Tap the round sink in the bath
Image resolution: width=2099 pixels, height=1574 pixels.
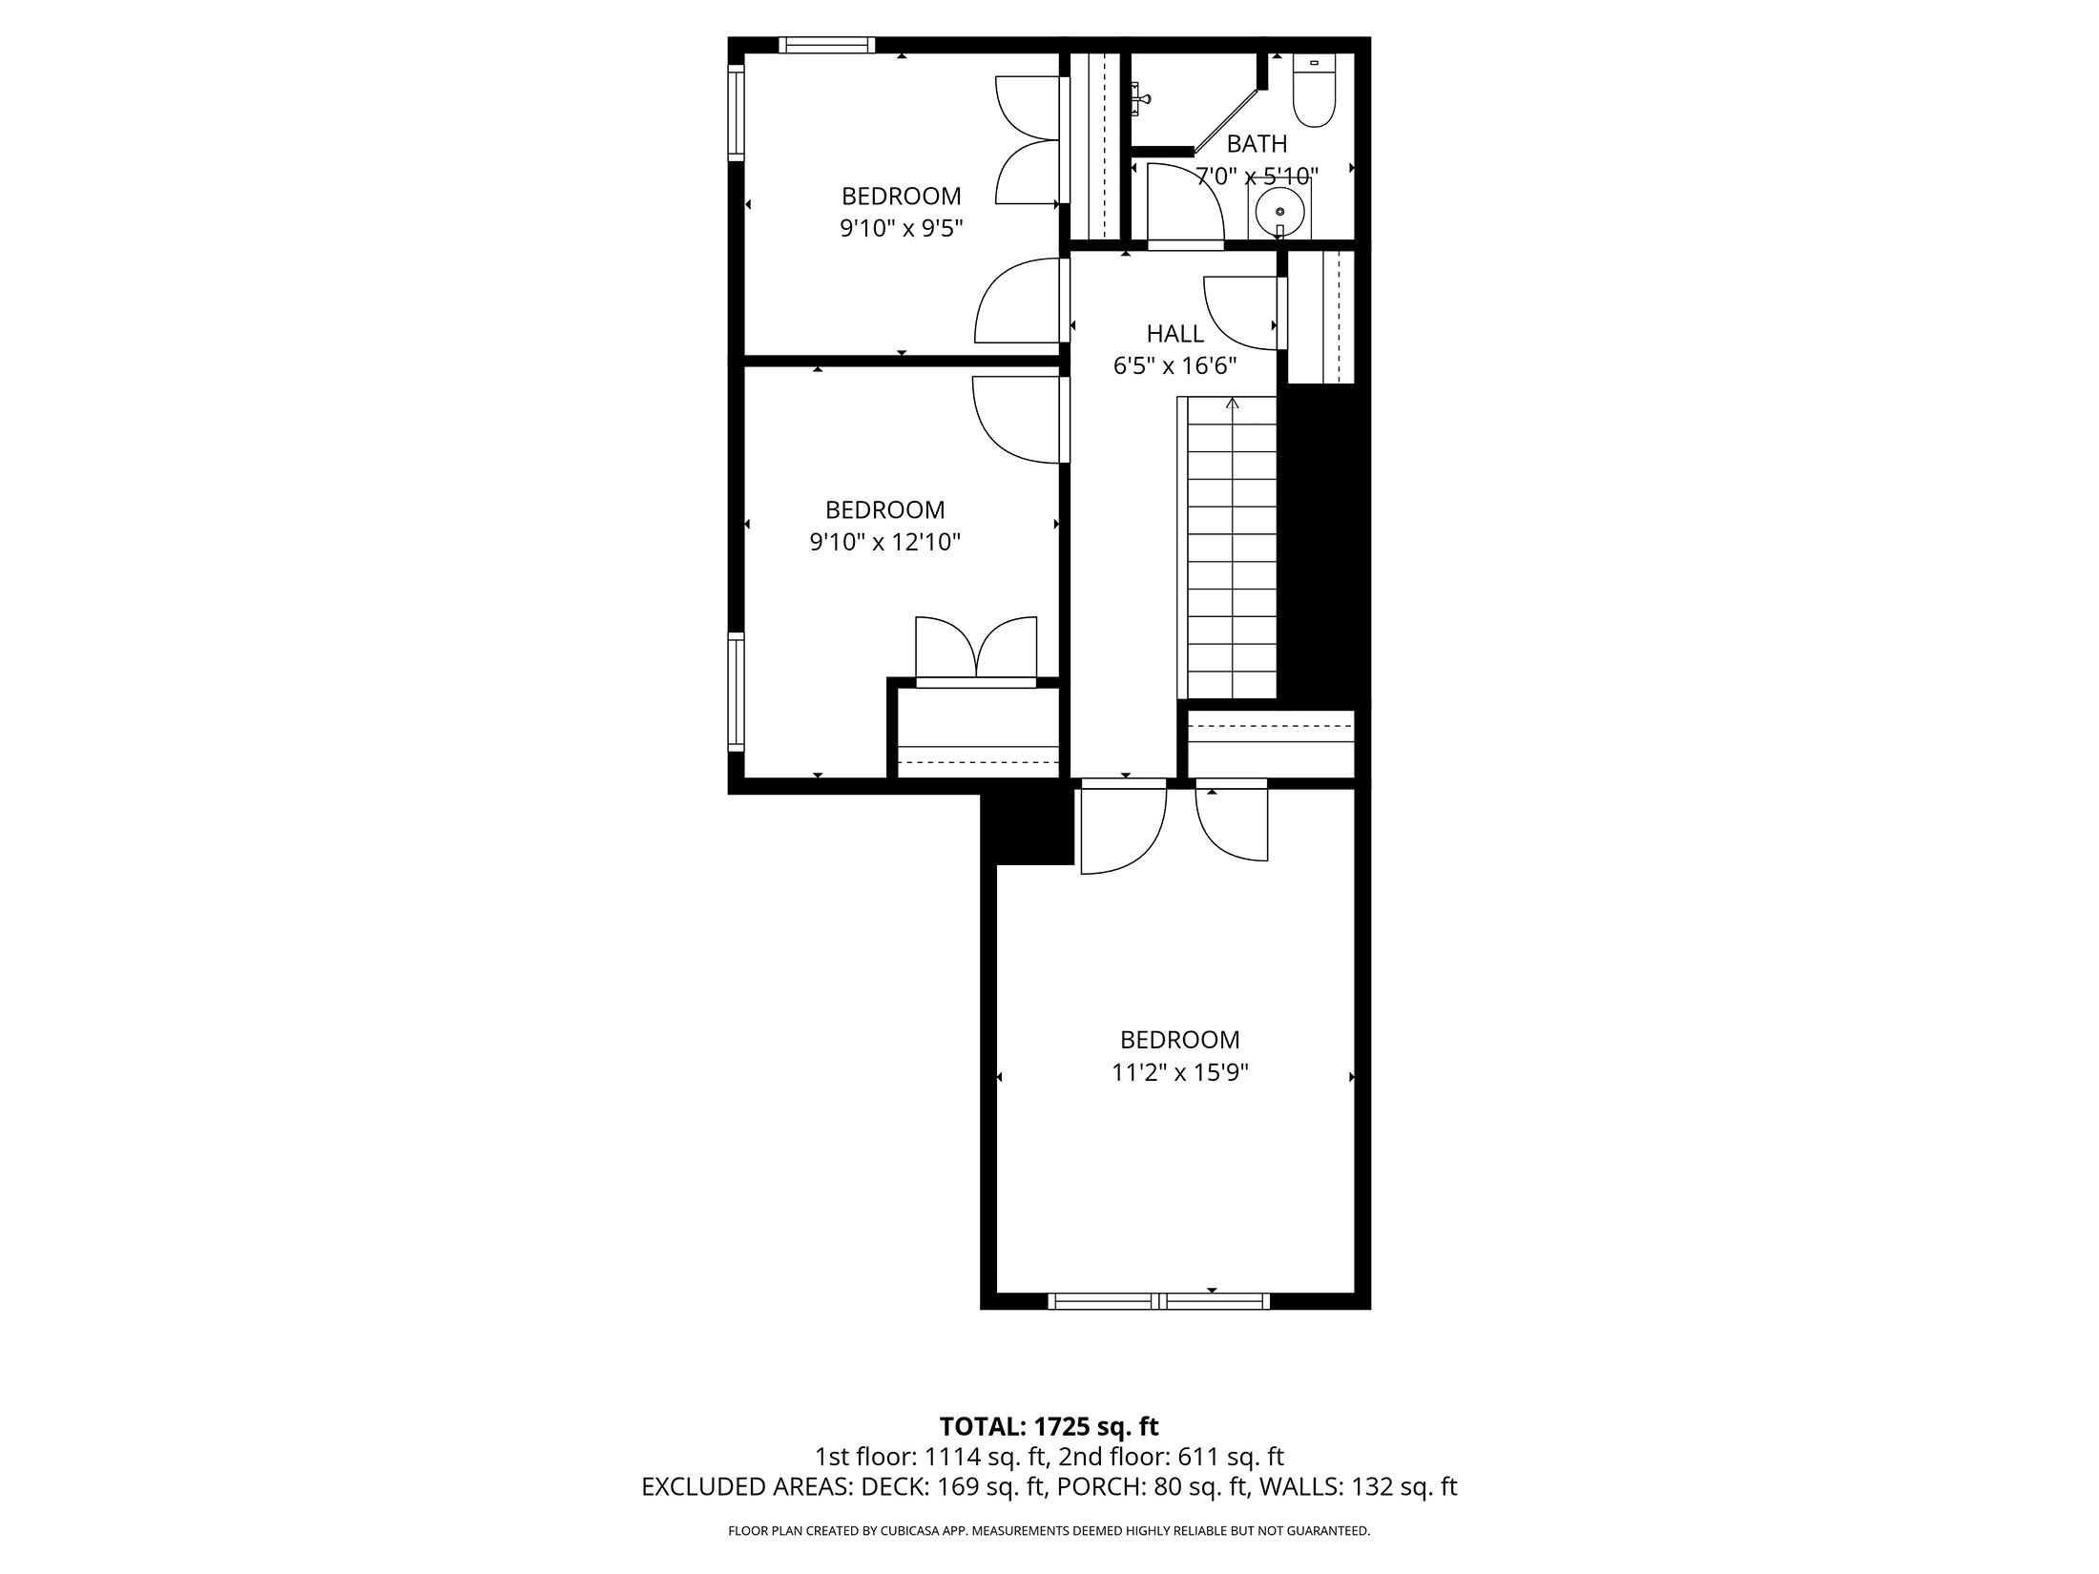tap(1278, 209)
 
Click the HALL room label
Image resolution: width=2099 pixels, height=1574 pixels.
tap(1174, 334)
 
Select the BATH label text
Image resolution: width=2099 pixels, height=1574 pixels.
tap(1257, 144)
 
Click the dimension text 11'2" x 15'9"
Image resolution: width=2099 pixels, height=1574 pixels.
tap(1179, 1072)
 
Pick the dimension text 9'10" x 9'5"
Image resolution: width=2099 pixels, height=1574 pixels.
tap(901, 228)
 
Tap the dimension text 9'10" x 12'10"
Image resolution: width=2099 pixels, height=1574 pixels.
tap(884, 542)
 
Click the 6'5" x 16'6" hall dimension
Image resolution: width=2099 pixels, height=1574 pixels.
tap(1174, 365)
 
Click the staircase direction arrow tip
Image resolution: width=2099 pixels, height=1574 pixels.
tap(1233, 402)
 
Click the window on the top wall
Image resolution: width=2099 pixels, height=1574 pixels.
tap(826, 45)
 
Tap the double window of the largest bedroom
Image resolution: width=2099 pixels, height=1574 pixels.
tap(1158, 1300)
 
